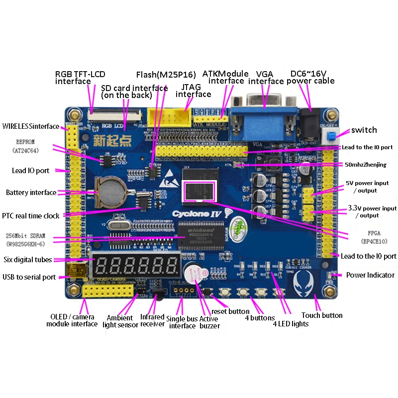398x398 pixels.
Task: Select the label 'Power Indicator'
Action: point(370,275)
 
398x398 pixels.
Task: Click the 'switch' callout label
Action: point(364,130)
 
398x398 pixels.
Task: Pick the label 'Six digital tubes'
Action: point(28,260)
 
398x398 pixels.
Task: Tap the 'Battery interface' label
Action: point(31,193)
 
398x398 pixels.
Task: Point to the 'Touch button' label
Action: point(322,315)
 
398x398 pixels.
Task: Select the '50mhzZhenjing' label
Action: point(368,165)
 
